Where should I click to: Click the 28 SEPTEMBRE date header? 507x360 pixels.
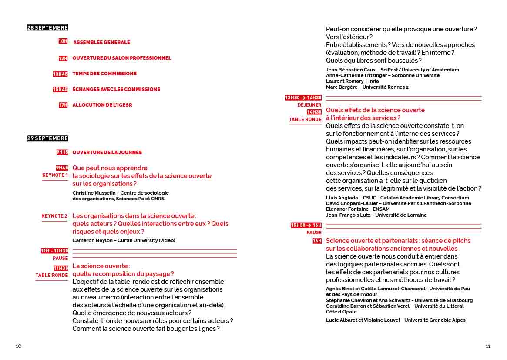click(47, 28)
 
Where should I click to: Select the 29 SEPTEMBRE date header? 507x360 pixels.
click(47, 138)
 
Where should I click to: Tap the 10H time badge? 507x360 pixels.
click(63, 41)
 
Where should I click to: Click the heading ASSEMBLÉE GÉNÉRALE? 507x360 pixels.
click(101, 42)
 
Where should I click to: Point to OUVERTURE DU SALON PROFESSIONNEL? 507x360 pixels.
click(121, 58)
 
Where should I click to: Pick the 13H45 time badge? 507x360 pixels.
click(60, 74)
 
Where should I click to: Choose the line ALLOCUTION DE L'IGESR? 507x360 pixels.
click(102, 105)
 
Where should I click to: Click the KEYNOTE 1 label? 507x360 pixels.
click(55, 175)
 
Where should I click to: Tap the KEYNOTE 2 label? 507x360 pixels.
click(54, 216)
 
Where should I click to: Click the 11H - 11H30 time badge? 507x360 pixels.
click(54, 251)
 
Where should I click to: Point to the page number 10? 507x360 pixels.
click(19, 347)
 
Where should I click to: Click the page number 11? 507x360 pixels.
click(488, 347)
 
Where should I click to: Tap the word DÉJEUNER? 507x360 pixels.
click(309, 105)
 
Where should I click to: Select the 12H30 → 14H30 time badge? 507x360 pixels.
click(303, 98)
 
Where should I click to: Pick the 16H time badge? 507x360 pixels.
click(317, 241)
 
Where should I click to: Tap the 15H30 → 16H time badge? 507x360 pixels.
click(306, 225)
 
